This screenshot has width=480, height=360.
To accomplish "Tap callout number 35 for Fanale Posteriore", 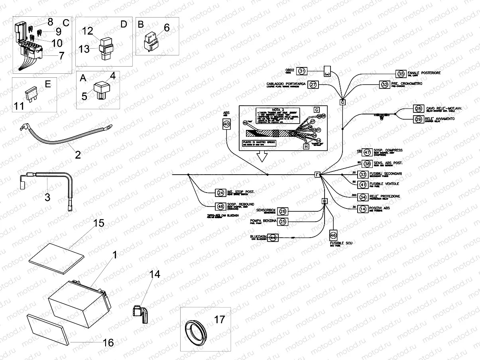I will coord(401,73).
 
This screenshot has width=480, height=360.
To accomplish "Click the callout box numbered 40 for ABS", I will coord(226,125).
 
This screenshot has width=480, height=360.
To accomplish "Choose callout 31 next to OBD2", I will coord(303,71).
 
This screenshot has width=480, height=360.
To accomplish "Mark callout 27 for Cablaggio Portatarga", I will coord(313,85).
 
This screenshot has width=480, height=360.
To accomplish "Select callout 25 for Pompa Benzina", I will coord(283,222).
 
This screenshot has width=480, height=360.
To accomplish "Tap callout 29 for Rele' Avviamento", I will coord(418,119).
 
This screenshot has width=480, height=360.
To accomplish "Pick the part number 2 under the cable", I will coord(78,154).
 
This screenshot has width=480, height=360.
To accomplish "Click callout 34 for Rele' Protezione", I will coord(362,197).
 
